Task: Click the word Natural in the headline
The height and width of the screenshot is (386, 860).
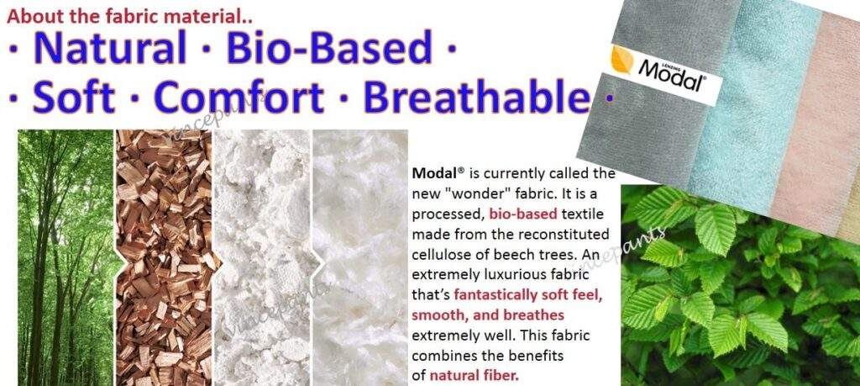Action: (110, 47)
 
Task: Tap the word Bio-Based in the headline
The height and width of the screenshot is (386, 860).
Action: (329, 47)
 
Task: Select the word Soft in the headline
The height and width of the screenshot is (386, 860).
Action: (74, 97)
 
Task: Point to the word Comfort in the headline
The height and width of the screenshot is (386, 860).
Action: (239, 97)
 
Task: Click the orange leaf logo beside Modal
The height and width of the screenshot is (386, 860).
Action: (622, 60)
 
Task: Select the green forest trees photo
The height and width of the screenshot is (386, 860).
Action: (65, 257)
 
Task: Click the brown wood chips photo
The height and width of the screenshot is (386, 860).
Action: (164, 257)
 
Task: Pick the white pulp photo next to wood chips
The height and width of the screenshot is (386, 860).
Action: (263, 257)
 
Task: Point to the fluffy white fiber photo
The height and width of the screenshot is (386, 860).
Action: (360, 257)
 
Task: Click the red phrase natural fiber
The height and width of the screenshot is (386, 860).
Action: (474, 376)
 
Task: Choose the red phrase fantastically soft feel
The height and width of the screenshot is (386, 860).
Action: (529, 295)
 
